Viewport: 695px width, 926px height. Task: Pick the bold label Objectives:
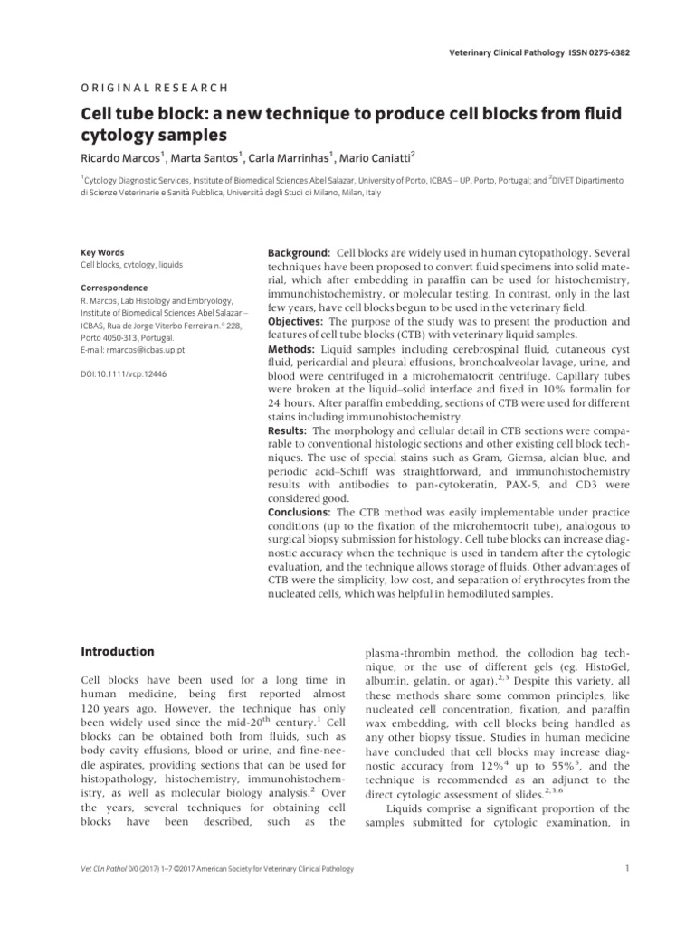tap(296, 322)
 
